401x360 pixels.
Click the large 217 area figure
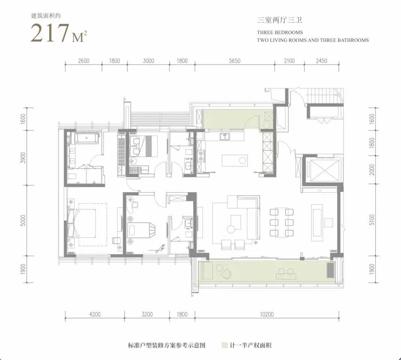[x=50, y=33]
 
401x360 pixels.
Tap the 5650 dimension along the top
[x=235, y=61]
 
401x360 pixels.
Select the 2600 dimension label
[x=84, y=61]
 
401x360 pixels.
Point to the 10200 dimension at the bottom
[x=267, y=314]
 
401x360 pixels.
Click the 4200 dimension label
[x=95, y=314]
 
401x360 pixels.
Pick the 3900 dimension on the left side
[x=24, y=158]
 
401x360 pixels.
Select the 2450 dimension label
[x=321, y=61]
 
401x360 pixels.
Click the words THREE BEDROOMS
[x=280, y=32]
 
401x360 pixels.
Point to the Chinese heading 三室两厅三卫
[x=280, y=20]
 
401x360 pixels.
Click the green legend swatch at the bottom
[x=224, y=345]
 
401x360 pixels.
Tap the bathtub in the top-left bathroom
[x=86, y=138]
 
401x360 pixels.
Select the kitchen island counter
[x=235, y=161]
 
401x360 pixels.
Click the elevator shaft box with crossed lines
[x=323, y=170]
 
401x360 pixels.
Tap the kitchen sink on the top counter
[x=225, y=136]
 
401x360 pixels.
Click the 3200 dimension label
[x=147, y=314]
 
